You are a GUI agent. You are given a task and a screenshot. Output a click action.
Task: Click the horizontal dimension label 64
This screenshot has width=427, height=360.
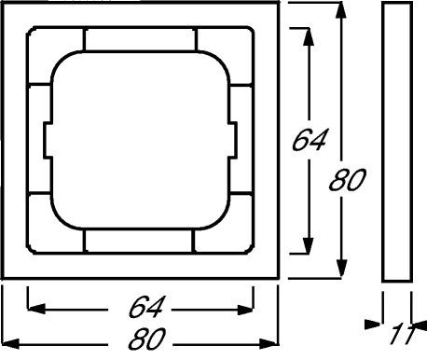point(145,307)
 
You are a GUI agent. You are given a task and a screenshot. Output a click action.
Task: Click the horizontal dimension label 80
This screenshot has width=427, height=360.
point(145,339)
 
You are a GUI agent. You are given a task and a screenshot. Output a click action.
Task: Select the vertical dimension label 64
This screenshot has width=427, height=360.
point(310,140)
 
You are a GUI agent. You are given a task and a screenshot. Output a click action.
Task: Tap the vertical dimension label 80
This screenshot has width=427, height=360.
point(347,180)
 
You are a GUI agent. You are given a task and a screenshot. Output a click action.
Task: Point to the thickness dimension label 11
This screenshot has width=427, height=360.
point(402,335)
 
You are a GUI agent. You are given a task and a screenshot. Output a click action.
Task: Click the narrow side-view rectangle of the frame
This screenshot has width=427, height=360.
point(397,142)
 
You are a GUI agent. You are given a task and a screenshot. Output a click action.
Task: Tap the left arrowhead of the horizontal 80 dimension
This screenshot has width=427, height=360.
point(10,344)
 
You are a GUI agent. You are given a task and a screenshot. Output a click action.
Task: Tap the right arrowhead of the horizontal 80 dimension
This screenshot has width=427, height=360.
point(269,344)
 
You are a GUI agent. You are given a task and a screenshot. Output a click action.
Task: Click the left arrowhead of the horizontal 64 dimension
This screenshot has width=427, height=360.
point(36,309)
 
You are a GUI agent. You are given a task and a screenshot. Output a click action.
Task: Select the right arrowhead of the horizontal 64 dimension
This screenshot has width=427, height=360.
point(245,310)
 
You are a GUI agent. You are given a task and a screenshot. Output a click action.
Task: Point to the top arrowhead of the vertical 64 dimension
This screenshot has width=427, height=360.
point(308,37)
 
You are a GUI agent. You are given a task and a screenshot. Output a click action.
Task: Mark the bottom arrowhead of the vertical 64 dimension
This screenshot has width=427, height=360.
point(308,245)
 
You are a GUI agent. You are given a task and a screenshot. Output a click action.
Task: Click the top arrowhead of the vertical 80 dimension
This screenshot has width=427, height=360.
point(342,11)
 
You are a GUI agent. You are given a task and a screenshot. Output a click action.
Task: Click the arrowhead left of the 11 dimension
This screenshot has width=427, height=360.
point(373,325)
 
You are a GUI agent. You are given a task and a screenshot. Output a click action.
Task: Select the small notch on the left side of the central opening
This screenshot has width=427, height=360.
point(48,141)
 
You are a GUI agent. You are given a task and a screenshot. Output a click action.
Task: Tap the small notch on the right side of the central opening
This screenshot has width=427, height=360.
point(233,141)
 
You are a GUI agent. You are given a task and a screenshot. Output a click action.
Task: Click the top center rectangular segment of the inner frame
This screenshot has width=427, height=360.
point(140,39)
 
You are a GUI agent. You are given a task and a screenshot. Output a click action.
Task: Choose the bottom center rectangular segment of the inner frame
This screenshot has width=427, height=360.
point(139,242)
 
